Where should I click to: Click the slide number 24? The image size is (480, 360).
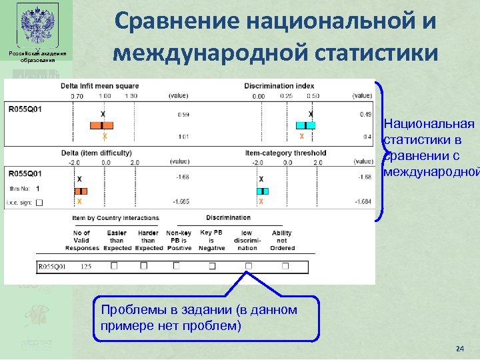pos(459,349)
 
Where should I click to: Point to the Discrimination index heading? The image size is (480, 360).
pos(279,86)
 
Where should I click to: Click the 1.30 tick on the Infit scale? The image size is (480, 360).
pos(131,96)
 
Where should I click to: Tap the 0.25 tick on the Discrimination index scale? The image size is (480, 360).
pos(287,96)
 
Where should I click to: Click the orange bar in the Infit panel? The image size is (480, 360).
pos(102,125)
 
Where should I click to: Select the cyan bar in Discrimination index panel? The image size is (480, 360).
pos(305,125)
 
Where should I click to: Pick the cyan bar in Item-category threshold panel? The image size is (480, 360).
pos(261,191)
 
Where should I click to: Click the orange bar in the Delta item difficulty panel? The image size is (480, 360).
pos(80,191)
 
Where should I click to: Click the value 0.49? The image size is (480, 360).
pos(365,115)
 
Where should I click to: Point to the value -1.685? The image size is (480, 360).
pos(181,201)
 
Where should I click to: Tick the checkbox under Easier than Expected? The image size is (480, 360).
pos(114,265)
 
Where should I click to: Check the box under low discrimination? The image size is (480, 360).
pos(248,265)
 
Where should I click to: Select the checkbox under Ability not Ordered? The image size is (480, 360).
pos(285,265)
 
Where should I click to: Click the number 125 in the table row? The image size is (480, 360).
pos(85,267)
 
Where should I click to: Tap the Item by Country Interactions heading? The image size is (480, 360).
pos(115,218)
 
